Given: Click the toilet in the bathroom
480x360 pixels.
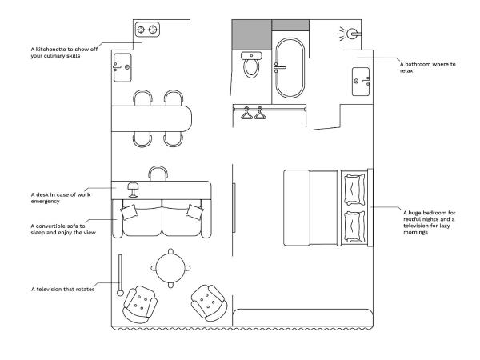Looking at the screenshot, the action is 251,65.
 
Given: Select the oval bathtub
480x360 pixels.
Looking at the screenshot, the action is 290,68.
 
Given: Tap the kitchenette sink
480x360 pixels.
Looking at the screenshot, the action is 122,68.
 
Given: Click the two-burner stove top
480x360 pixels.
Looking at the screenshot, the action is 147,30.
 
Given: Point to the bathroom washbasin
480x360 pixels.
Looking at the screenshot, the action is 361,82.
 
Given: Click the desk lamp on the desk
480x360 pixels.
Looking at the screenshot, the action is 133,190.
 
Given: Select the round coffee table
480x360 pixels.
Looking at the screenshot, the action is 170,269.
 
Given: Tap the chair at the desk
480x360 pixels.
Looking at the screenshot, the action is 158,174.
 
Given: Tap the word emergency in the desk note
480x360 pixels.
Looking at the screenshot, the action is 46,202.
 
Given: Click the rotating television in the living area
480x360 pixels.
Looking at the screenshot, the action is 120,275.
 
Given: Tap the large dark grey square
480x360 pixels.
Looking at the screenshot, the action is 252,35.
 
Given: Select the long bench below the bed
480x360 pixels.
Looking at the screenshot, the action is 302,318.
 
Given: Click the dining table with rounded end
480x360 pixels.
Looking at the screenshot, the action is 151,118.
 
